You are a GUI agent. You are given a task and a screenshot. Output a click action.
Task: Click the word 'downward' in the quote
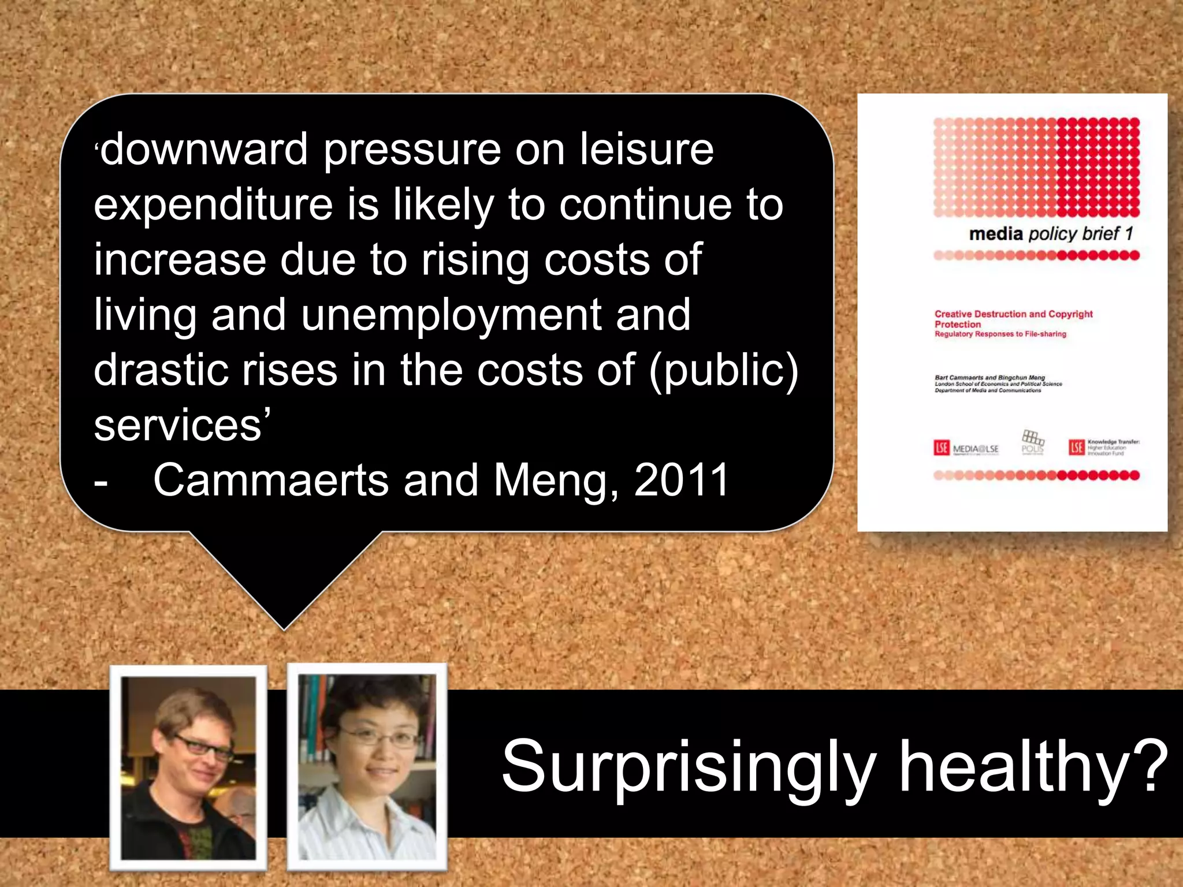(x=204, y=150)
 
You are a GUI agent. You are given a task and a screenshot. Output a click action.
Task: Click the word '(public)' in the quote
(x=724, y=370)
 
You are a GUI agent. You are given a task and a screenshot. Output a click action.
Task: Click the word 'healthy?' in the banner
(x=1034, y=766)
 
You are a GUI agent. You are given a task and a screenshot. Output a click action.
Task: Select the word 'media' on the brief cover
(x=995, y=234)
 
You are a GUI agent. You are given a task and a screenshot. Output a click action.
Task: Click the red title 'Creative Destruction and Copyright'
(x=1013, y=314)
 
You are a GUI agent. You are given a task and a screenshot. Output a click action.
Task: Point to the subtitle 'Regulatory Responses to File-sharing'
(x=1000, y=334)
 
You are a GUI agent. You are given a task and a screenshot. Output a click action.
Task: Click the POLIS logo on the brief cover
(x=1033, y=442)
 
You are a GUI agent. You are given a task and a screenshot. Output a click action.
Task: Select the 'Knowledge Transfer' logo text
(x=1113, y=442)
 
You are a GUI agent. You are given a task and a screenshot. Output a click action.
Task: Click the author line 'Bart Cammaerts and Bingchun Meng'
(x=989, y=378)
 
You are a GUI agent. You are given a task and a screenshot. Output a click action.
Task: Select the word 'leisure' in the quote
(x=647, y=150)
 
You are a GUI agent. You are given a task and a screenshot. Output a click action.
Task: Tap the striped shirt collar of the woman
(x=341, y=808)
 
